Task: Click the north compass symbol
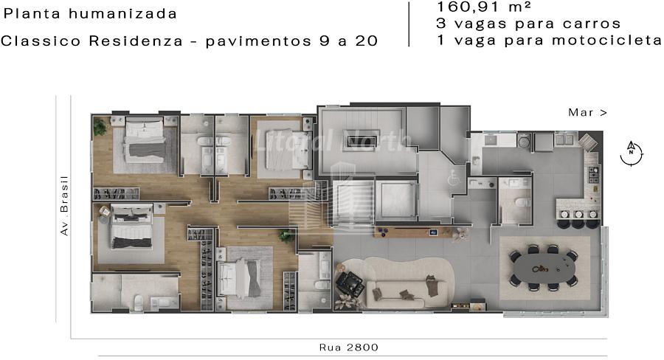click(x=631, y=153)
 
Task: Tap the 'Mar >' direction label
click(x=587, y=112)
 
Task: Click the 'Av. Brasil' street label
click(x=64, y=205)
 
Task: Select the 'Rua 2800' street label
click(x=348, y=347)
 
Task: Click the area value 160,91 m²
click(x=483, y=7)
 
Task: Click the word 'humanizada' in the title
click(x=122, y=14)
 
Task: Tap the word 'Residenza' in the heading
click(x=136, y=41)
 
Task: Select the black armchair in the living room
click(x=350, y=284)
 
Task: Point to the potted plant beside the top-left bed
click(x=100, y=127)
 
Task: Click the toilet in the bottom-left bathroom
click(x=139, y=302)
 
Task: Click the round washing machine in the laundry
click(x=524, y=141)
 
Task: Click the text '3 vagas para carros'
click(x=528, y=24)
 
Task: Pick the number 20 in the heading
click(x=367, y=41)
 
